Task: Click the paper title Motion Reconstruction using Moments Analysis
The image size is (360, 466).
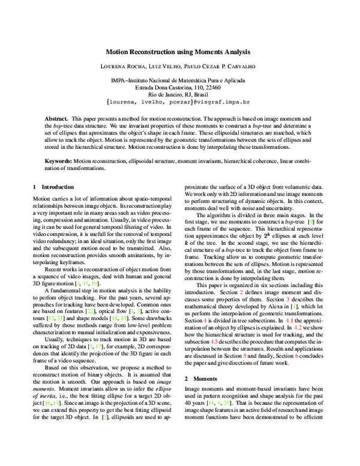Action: [180, 52]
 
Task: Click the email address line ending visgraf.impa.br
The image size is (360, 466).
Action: [180, 102]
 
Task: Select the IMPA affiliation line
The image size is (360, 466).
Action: [180, 80]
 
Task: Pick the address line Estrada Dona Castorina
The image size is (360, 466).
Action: [180, 87]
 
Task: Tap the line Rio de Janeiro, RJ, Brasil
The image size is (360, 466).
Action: [180, 94]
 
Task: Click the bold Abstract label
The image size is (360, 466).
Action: [56, 120]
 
